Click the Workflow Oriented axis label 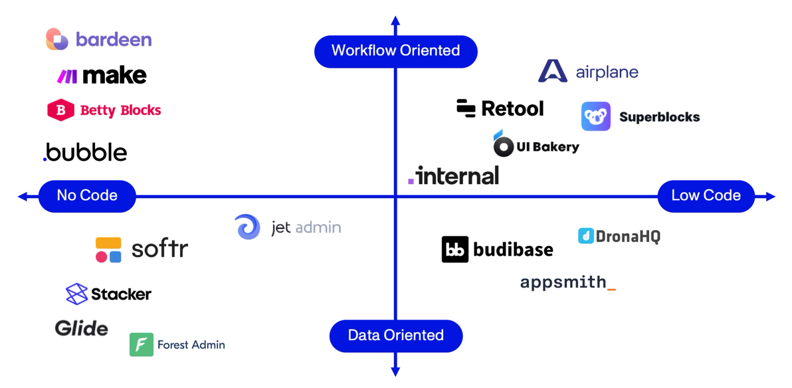[396, 51]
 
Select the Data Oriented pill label [396, 336]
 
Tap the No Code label [87, 196]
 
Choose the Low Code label [705, 196]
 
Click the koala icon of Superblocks [595, 117]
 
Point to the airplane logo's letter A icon [552, 71]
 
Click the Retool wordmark [512, 109]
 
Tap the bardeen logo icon [57, 39]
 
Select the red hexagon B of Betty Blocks [60, 110]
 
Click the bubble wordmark [86, 152]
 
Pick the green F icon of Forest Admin [141, 345]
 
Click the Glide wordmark [81, 328]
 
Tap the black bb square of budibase [454, 249]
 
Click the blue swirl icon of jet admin [247, 227]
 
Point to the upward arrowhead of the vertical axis [395, 21]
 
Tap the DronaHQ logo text [628, 236]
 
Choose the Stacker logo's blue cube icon [76, 294]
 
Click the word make [114, 76]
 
